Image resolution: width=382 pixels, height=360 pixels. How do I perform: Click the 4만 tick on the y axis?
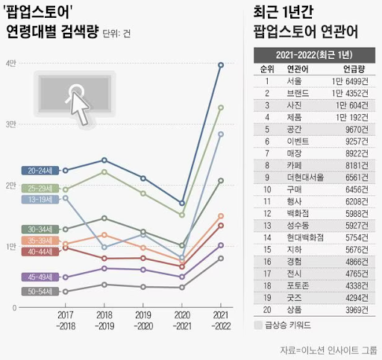pos(10,64)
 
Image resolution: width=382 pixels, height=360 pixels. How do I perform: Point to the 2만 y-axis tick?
pos(10,186)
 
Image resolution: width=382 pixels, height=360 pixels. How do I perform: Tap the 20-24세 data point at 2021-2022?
pos(220,65)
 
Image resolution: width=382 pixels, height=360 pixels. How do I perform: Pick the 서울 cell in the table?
pos(295,81)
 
